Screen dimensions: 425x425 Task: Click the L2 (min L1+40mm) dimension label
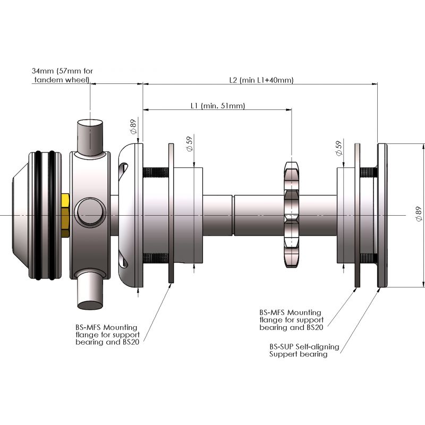[x=261, y=80]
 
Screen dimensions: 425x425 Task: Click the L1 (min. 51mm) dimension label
[x=217, y=106]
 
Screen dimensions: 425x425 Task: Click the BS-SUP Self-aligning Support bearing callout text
[x=303, y=350]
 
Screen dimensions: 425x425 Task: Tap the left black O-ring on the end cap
[x=40, y=215]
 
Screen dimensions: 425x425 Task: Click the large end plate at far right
[x=382, y=215]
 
